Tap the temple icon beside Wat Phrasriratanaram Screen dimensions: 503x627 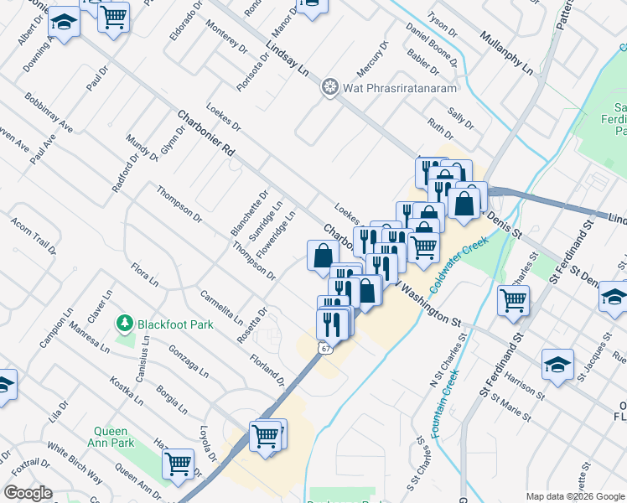coord(329,86)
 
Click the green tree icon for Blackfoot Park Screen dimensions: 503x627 coord(125,322)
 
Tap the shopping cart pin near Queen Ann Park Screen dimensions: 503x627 coord(179,463)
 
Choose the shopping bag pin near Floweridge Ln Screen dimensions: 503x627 coord(324,255)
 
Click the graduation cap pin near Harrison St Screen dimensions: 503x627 coord(557,363)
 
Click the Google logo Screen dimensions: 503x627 coord(28,493)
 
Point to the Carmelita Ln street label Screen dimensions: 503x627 coord(221,309)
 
